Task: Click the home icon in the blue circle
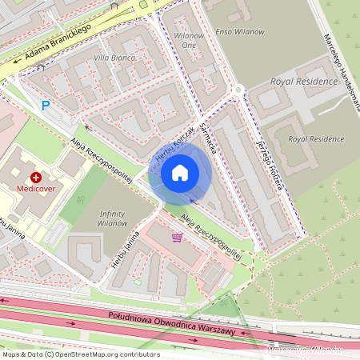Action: [x=180, y=172]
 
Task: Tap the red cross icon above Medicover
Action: [x=35, y=177]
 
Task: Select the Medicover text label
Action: [x=35, y=190]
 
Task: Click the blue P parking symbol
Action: [x=46, y=105]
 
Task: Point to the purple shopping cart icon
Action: [x=176, y=237]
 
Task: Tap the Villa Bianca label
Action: [x=114, y=58]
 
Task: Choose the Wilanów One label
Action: [x=189, y=41]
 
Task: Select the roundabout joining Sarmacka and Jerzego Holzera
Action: [x=238, y=90]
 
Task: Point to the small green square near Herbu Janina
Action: [x=137, y=282]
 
